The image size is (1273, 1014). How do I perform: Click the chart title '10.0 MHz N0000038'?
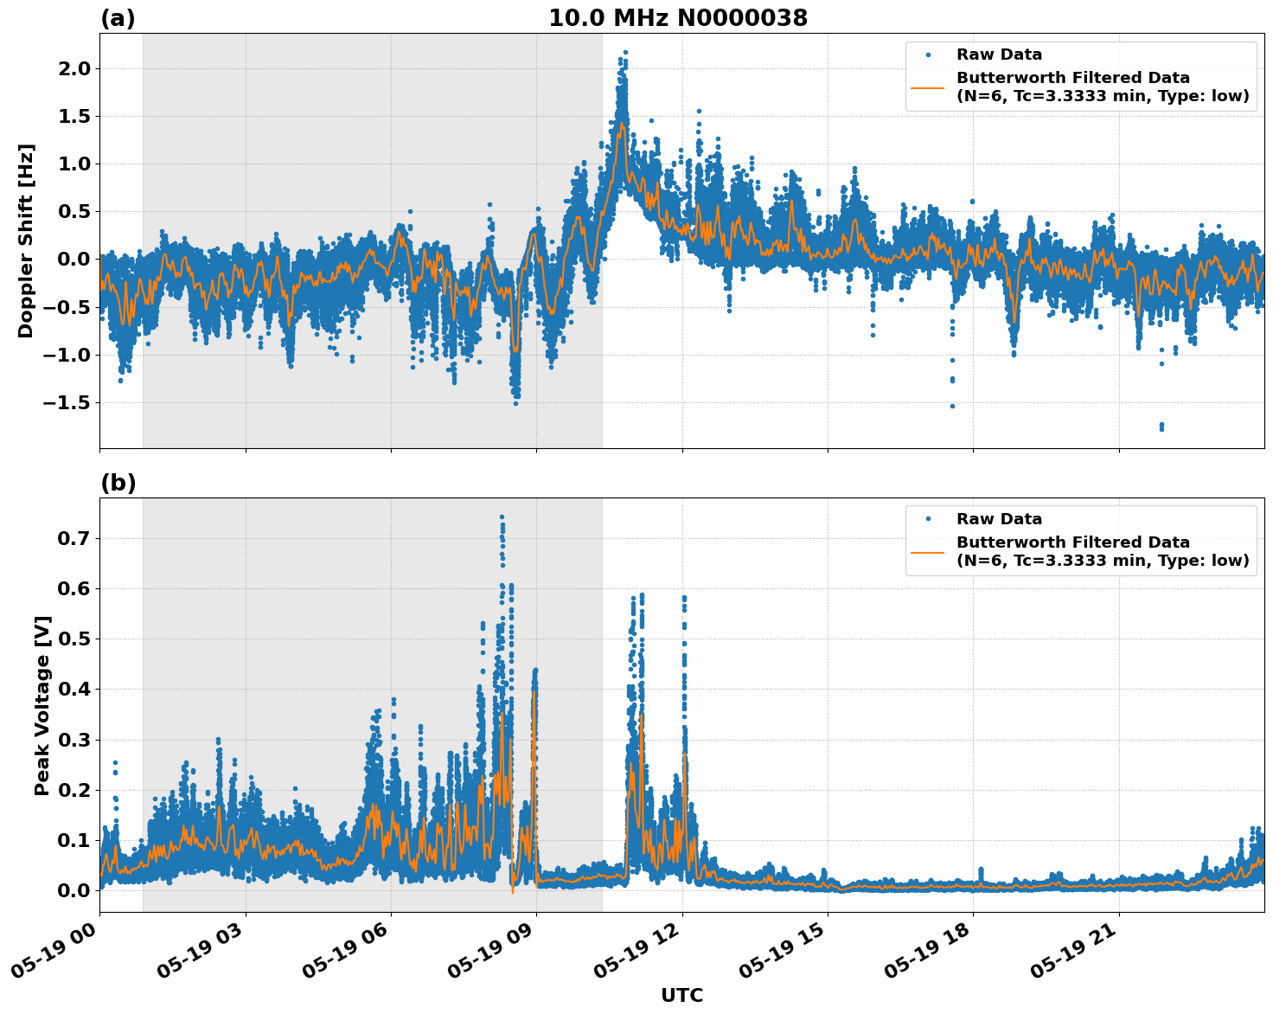(x=678, y=18)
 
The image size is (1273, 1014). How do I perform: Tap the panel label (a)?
(x=118, y=18)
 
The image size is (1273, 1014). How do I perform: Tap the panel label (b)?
(x=118, y=483)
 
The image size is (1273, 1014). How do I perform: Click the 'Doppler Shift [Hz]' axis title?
(x=26, y=241)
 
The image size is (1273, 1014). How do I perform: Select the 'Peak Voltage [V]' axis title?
(x=42, y=705)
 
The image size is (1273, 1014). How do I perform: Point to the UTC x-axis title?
(x=681, y=995)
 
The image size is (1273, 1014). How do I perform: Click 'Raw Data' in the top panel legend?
(x=999, y=55)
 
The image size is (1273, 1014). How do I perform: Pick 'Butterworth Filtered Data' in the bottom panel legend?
(x=1072, y=542)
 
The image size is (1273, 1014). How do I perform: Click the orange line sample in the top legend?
(x=927, y=87)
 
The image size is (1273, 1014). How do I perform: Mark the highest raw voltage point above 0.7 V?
(x=502, y=517)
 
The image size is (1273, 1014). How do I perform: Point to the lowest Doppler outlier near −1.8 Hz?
(x=1161, y=428)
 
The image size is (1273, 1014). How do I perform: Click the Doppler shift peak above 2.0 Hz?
(x=624, y=53)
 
